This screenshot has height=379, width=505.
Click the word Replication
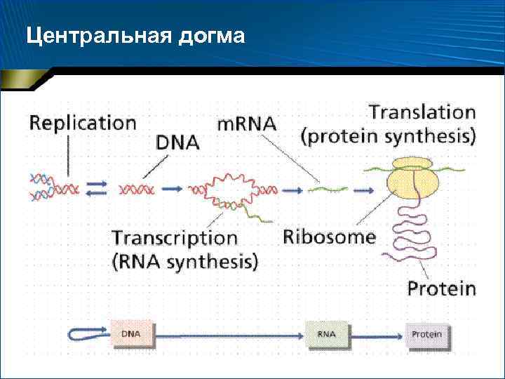(83, 123)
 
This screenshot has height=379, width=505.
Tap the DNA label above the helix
(177, 142)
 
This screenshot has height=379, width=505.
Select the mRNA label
(246, 124)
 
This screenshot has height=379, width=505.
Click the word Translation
(422, 112)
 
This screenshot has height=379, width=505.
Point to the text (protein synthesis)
(388, 135)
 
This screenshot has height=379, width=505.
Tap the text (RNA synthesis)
(184, 262)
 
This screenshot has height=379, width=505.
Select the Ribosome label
(329, 237)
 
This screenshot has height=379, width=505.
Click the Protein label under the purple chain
(442, 288)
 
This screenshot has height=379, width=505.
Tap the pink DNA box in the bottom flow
(133, 335)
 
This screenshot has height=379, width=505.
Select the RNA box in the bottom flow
(326, 335)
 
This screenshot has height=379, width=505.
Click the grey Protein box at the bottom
(426, 335)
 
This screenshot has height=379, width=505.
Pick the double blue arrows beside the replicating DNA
(96, 188)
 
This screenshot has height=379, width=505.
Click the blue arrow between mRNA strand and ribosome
(363, 189)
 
